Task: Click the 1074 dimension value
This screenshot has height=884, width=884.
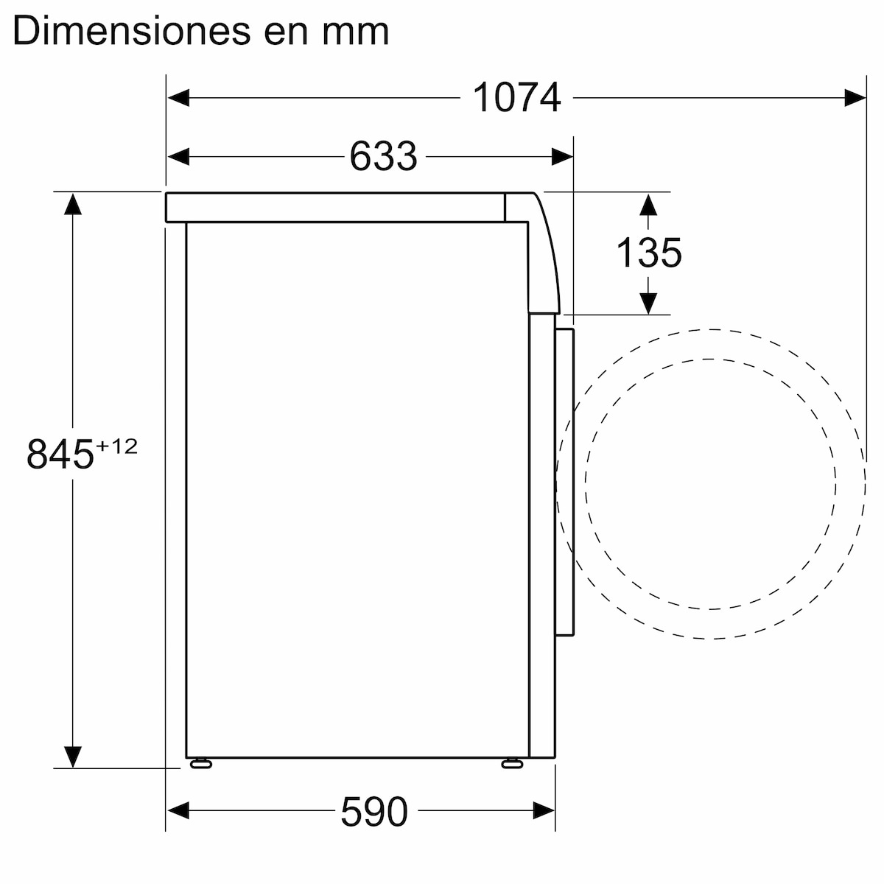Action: tap(516, 97)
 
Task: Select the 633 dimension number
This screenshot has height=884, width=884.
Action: tap(382, 156)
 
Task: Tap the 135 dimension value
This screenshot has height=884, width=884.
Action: tap(648, 253)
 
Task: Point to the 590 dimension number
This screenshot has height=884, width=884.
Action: tap(373, 811)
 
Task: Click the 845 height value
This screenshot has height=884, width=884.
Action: tap(60, 454)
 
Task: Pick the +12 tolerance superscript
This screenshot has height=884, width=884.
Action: tap(117, 446)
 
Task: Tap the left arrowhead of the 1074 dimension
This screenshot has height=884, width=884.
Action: tap(178, 97)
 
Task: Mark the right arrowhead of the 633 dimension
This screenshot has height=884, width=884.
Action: tap(563, 156)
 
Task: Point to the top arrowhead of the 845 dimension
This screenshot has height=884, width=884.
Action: tap(72, 203)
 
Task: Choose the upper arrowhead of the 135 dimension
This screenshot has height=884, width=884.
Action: tap(648, 204)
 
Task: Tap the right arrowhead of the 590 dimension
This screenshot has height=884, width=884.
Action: tap(544, 811)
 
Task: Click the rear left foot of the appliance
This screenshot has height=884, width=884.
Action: tap(200, 763)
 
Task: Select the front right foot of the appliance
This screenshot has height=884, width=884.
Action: tap(511, 763)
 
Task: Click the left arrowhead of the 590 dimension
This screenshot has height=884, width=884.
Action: tap(178, 811)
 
